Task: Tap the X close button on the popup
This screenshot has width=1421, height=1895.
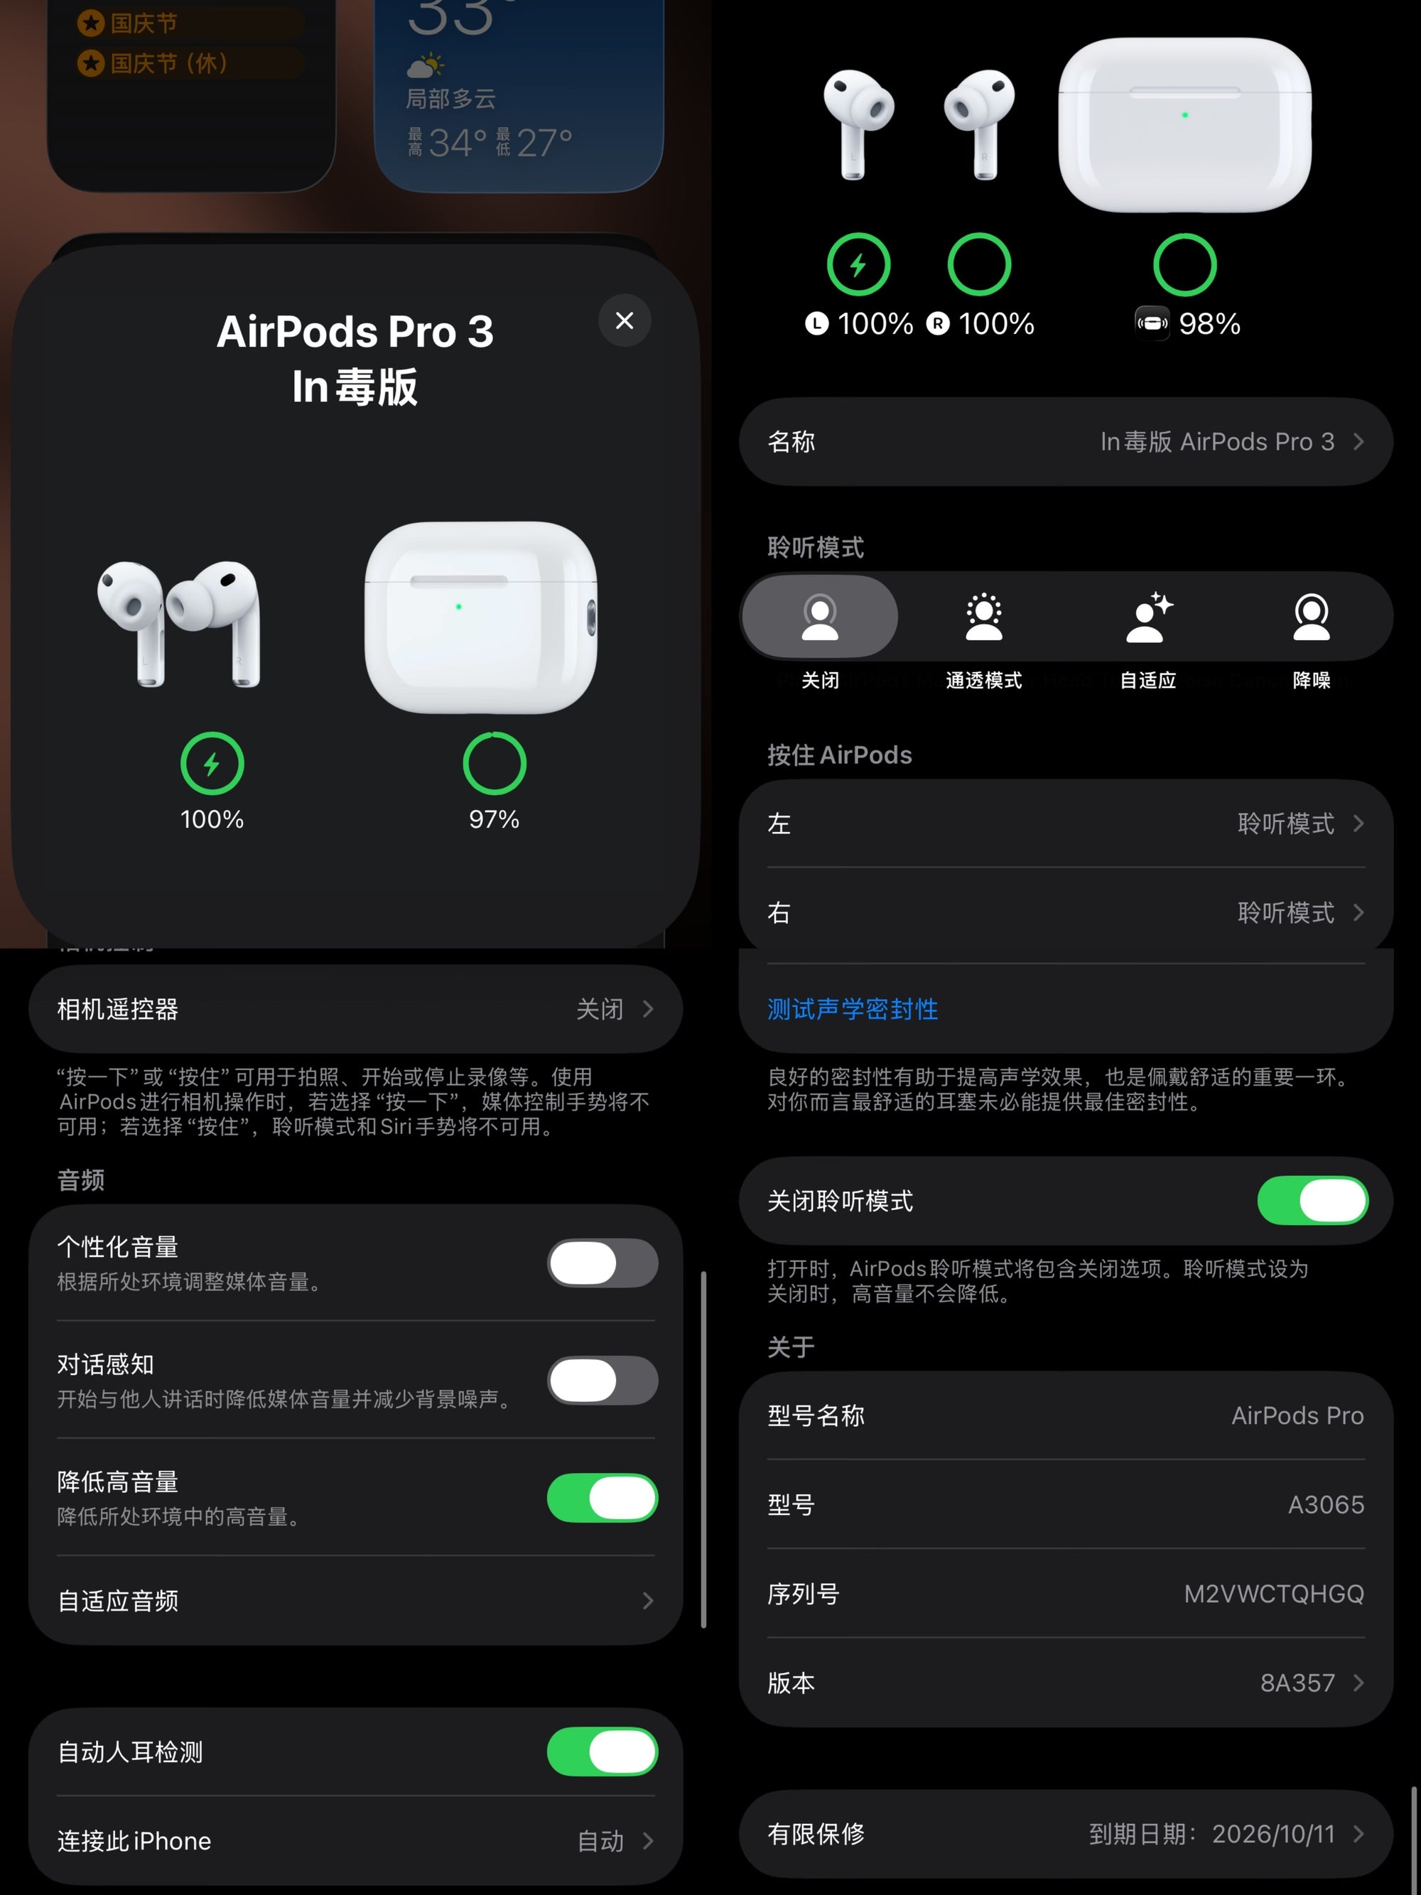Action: pos(625,320)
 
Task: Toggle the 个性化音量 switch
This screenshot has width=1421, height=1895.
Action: pos(602,1263)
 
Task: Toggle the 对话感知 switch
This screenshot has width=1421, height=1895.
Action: pos(602,1380)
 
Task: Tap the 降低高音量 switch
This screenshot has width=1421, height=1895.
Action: pos(602,1498)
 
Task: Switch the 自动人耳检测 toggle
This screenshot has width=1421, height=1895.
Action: pos(602,1751)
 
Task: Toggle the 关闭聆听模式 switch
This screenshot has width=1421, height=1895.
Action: pos(1312,1200)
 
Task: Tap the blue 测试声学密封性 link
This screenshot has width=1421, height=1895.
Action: pos(853,1009)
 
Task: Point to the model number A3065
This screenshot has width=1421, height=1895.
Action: pos(1325,1504)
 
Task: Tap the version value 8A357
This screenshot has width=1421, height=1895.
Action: pos(1297,1683)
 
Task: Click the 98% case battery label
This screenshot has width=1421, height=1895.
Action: pos(1209,324)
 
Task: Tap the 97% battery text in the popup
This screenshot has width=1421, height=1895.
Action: pos(495,819)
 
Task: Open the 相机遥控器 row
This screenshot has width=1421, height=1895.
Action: pos(355,1009)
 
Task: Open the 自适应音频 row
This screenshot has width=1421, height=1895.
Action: pos(355,1600)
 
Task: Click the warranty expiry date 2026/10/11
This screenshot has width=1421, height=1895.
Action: pos(1273,1833)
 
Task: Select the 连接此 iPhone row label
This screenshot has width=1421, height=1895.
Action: pos(134,1841)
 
